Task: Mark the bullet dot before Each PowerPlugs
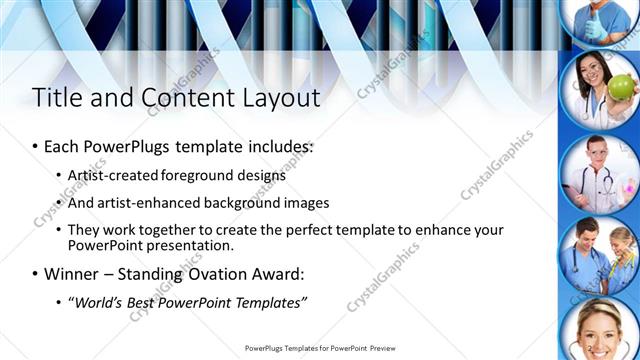point(35,147)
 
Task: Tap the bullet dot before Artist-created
point(59,176)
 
